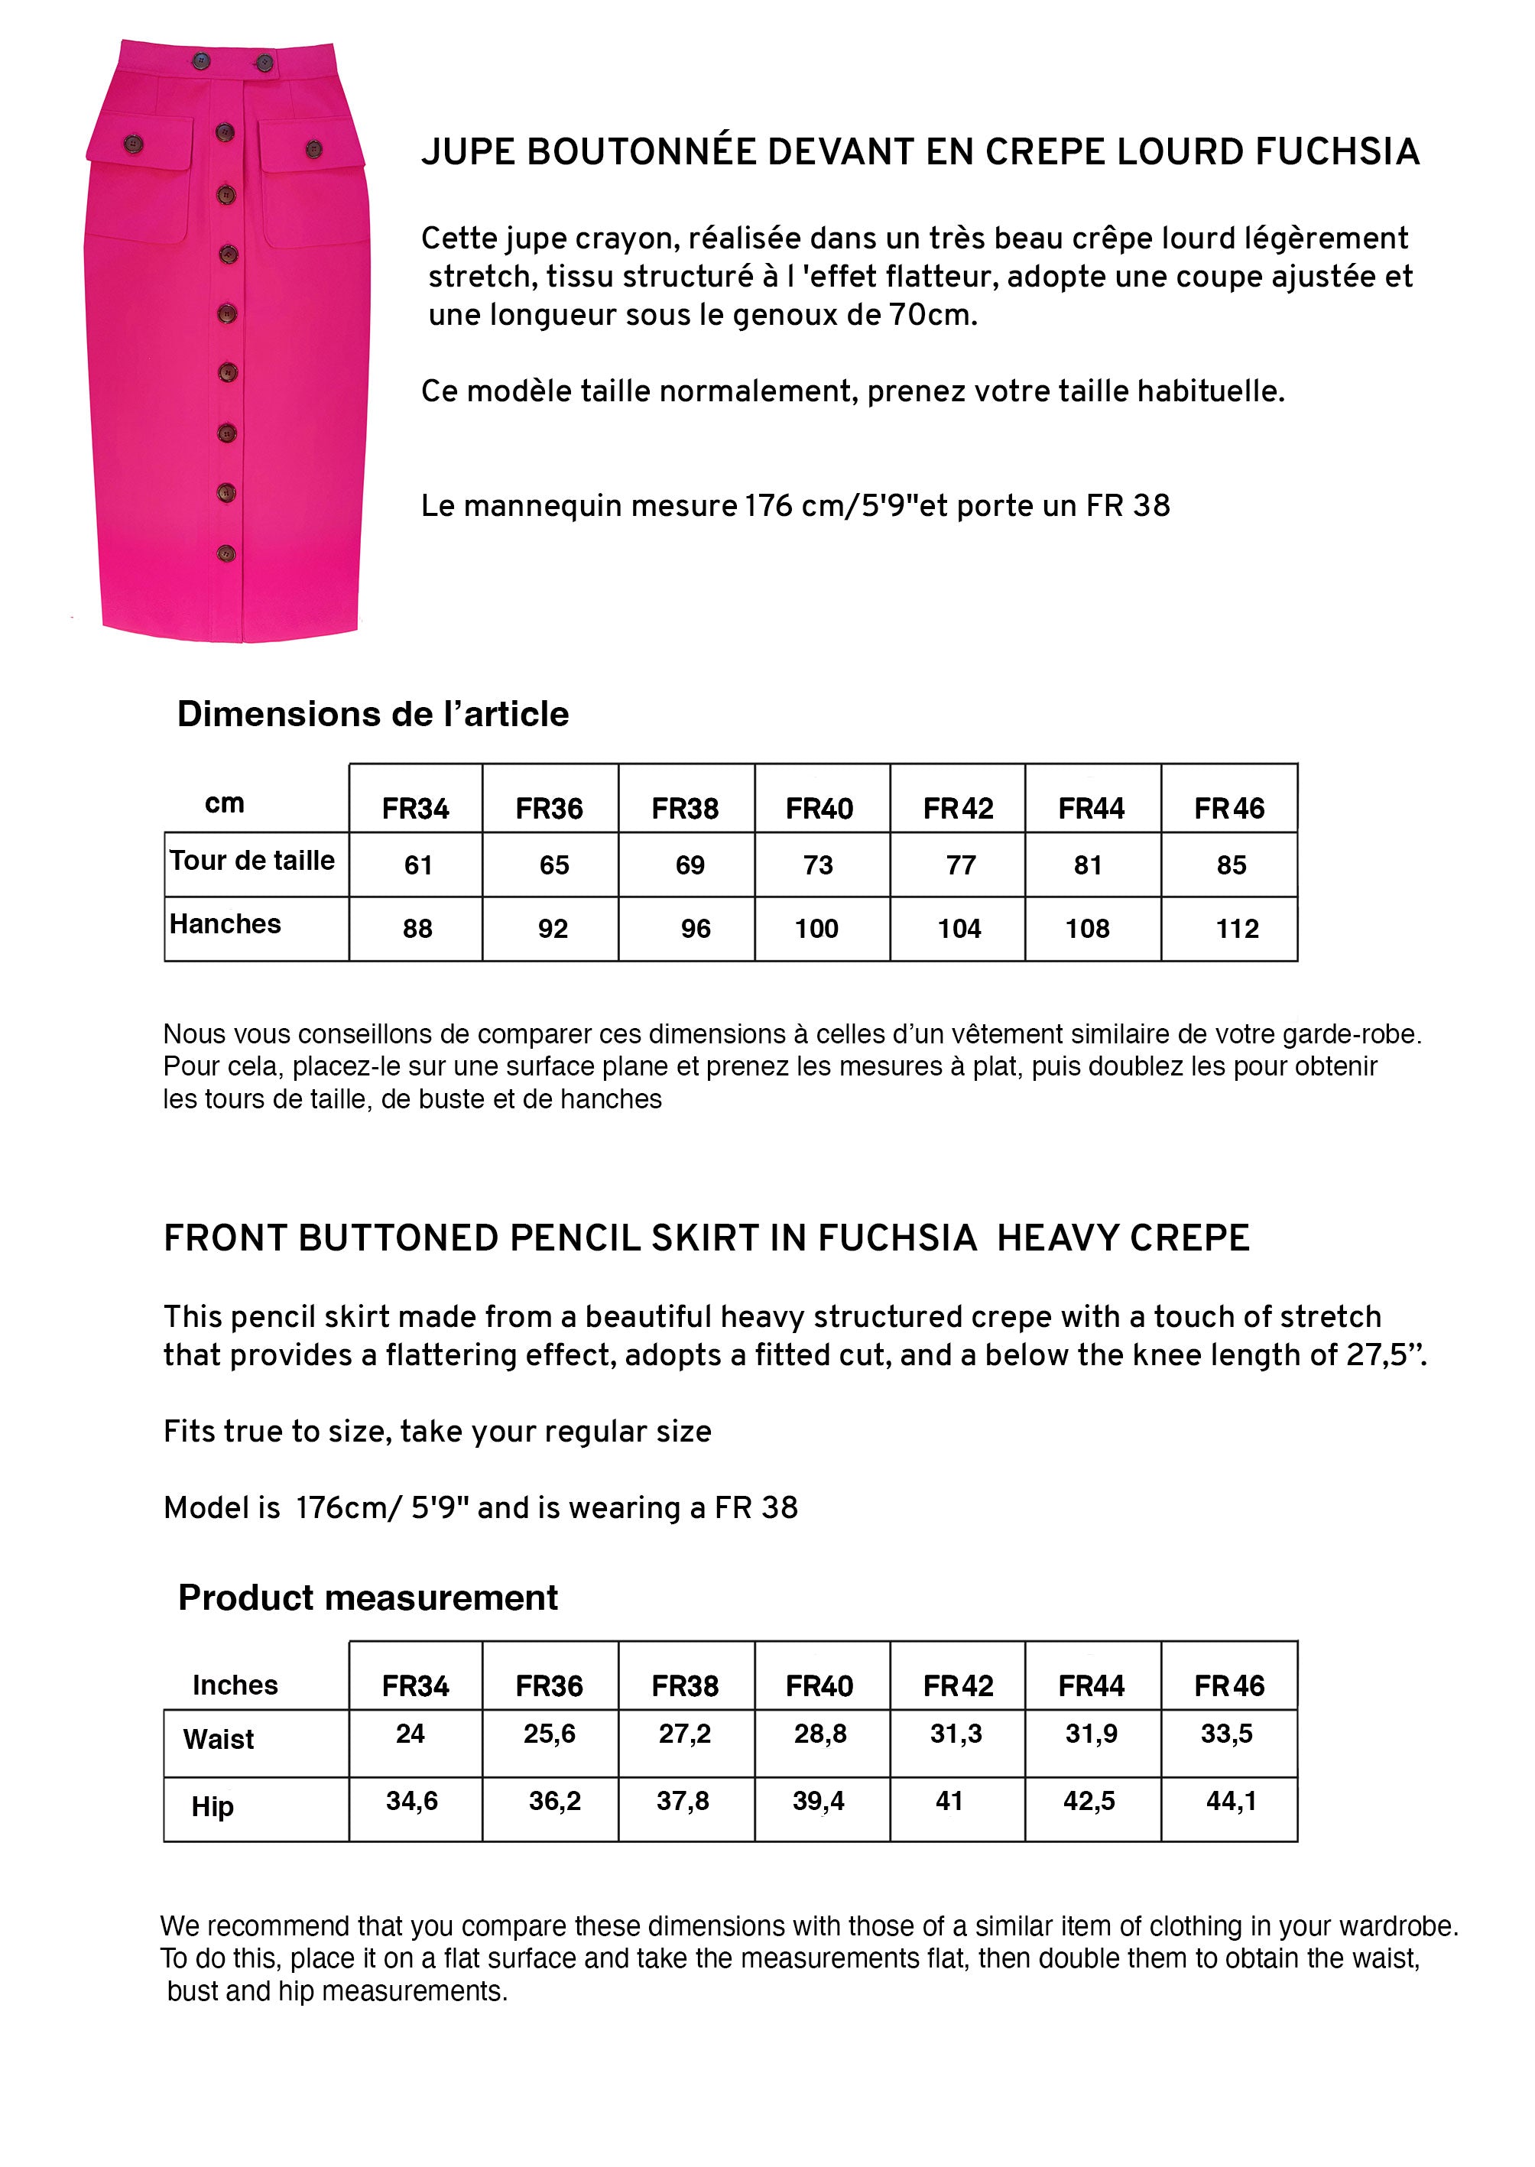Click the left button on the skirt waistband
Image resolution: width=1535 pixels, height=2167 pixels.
pyautogui.click(x=201, y=63)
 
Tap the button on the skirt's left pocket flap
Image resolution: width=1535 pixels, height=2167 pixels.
pyautogui.click(x=133, y=144)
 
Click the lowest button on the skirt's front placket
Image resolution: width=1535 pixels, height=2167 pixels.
pyautogui.click(x=226, y=553)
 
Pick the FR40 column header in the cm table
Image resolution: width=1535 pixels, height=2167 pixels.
pyautogui.click(x=819, y=808)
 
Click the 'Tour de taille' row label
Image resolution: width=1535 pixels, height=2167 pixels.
pyautogui.click(x=252, y=860)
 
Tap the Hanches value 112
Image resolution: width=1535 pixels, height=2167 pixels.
pyautogui.click(x=1236, y=929)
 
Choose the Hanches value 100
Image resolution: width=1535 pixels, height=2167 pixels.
pyautogui.click(x=816, y=929)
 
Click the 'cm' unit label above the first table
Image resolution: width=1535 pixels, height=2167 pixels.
pyautogui.click(x=224, y=803)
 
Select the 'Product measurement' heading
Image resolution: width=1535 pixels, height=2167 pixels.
pyautogui.click(x=368, y=1597)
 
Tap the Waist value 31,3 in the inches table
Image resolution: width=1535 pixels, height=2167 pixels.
pyautogui.click(x=956, y=1734)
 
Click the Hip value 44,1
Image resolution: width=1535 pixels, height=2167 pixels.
pyautogui.click(x=1231, y=1800)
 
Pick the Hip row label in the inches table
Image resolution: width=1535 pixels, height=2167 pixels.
pyautogui.click(x=212, y=1806)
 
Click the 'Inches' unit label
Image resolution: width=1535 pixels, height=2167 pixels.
pyautogui.click(x=235, y=1685)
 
